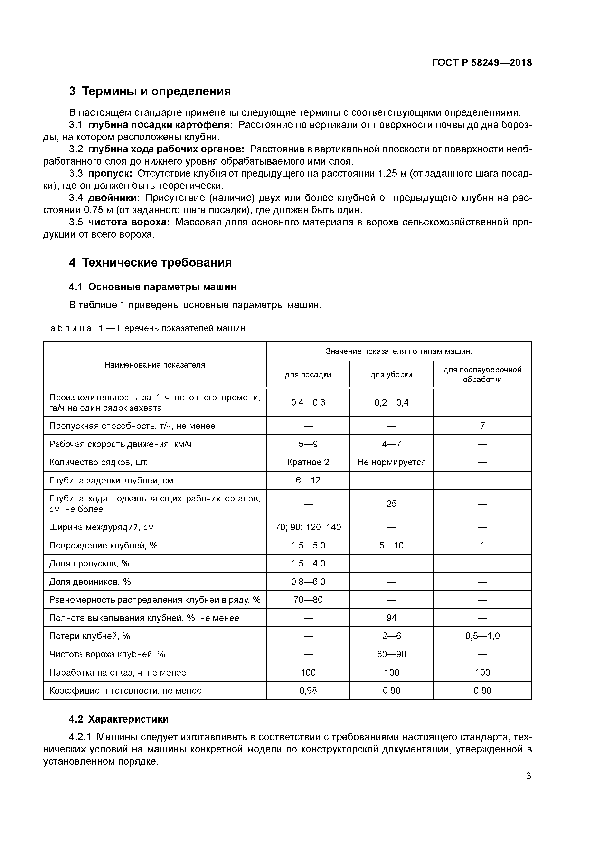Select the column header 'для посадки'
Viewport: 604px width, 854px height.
tap(308, 375)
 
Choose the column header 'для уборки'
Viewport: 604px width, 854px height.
tap(391, 375)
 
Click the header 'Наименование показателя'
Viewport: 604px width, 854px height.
tap(155, 365)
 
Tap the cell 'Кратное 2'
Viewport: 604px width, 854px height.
tap(308, 462)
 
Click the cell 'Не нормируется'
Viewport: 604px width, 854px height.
tap(391, 462)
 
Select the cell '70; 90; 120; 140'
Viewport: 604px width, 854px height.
tap(308, 528)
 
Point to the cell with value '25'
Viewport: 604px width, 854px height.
tap(391, 504)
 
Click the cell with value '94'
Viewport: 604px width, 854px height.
tap(391, 618)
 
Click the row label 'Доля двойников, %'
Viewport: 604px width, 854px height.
tap(90, 582)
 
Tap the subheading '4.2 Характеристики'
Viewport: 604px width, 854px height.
tap(119, 719)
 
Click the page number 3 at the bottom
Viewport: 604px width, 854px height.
tap(528, 776)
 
